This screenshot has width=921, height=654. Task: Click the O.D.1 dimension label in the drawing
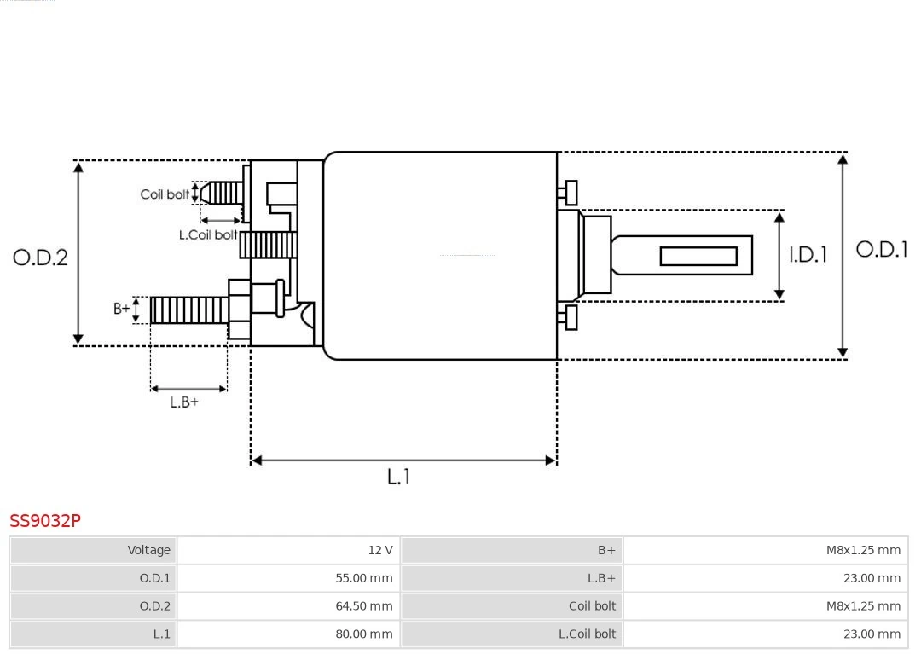pyautogui.click(x=882, y=249)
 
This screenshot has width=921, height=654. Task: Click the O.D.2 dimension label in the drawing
pyautogui.click(x=40, y=257)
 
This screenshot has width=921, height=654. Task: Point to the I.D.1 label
pyautogui.click(x=807, y=254)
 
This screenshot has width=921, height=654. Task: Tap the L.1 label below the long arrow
pyautogui.click(x=398, y=477)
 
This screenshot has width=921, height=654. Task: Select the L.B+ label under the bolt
pyautogui.click(x=183, y=402)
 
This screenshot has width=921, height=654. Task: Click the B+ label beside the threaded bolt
pyautogui.click(x=122, y=309)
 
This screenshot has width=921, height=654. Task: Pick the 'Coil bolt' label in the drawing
pyautogui.click(x=165, y=194)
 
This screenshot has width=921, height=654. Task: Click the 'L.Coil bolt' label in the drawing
pyautogui.click(x=207, y=234)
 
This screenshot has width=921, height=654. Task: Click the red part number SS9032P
pyautogui.click(x=45, y=520)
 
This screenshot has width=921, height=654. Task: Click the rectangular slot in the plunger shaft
pyautogui.click(x=698, y=256)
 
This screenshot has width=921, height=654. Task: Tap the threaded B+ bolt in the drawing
pyautogui.click(x=188, y=310)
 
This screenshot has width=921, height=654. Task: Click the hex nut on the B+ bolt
pyautogui.click(x=239, y=309)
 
